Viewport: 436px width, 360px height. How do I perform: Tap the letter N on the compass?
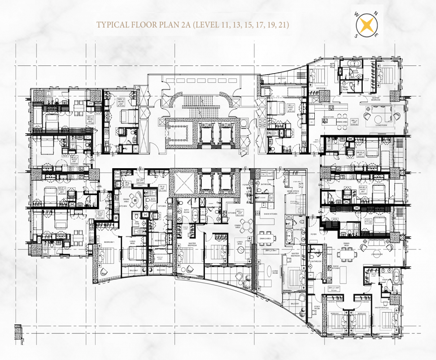[x=378, y=14]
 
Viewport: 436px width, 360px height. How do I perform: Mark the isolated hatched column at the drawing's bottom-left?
[x=17, y=330]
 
